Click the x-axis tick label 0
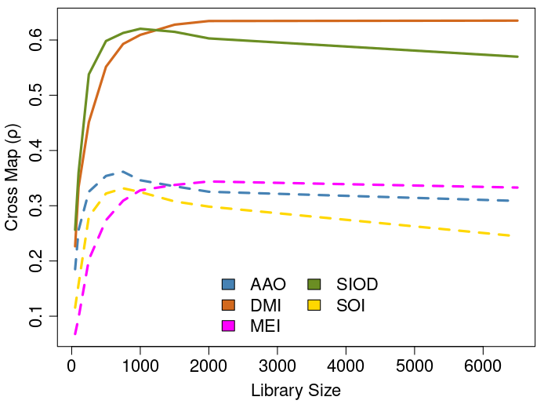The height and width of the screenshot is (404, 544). pos(72,366)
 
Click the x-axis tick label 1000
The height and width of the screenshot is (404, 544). pos(140,366)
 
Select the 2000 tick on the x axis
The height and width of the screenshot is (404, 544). pos(209,366)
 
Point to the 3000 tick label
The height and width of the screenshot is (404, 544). pos(277,366)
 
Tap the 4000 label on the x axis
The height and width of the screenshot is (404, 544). pos(346,366)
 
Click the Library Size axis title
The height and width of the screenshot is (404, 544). pos(296,390)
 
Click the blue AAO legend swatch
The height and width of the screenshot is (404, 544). pos(229,284)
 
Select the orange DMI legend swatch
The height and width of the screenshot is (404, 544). pos(229,304)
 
